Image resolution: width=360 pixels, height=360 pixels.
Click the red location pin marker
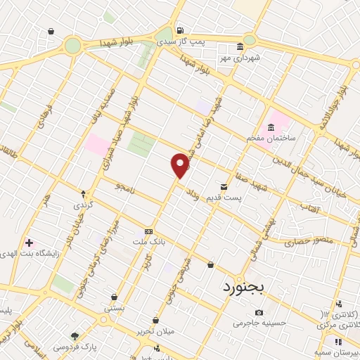tap(181, 166)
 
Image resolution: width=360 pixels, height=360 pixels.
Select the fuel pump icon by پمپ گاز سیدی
tap(181, 30)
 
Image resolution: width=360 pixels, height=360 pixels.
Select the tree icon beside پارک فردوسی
tap(75, 335)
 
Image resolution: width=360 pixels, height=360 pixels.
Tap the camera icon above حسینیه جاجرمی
tap(259, 312)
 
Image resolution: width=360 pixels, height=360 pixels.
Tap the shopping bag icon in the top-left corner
tap(51, 32)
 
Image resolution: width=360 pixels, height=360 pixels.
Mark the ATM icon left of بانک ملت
tap(148, 231)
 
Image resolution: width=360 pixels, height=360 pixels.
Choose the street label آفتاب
tap(307, 210)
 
